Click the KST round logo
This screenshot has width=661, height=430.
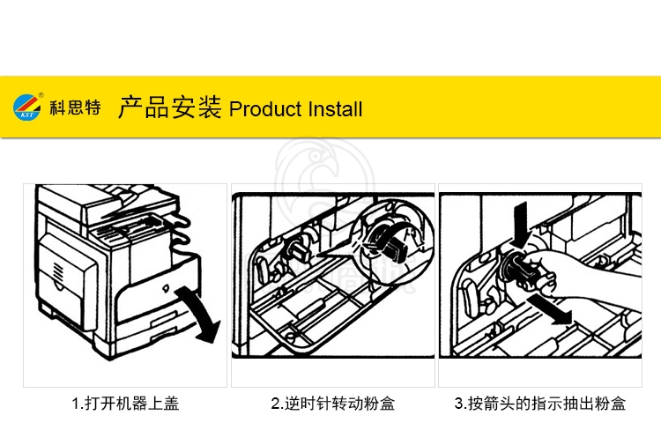[27, 107]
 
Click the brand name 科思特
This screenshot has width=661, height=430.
[75, 107]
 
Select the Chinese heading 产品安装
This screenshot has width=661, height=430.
[169, 107]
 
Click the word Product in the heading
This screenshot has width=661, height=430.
[265, 109]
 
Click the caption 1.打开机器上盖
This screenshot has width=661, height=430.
[126, 404]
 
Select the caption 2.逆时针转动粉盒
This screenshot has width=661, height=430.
[333, 404]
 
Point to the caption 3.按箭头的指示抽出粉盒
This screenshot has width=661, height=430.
[540, 404]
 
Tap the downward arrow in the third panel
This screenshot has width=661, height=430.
[521, 225]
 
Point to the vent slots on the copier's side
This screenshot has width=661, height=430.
[58, 271]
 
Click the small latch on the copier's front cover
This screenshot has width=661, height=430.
[166, 288]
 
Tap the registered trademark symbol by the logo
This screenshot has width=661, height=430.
[41, 95]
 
